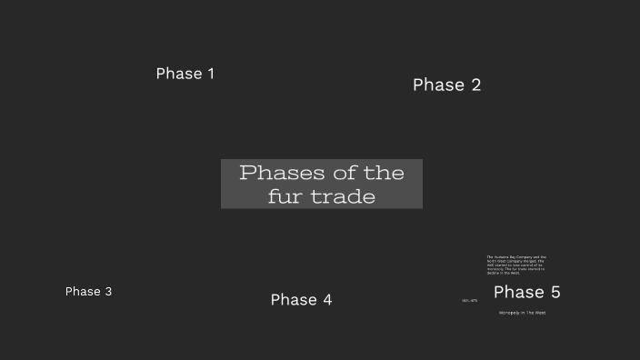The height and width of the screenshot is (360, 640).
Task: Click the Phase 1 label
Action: (x=185, y=74)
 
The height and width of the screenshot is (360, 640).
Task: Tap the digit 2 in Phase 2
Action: (x=475, y=85)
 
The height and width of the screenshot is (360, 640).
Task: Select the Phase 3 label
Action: (x=88, y=292)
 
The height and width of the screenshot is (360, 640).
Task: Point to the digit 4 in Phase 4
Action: (x=326, y=300)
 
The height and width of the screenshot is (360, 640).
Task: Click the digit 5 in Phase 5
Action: (x=554, y=293)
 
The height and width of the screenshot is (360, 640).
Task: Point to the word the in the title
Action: (x=384, y=173)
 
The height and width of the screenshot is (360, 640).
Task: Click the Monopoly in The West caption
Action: (x=522, y=313)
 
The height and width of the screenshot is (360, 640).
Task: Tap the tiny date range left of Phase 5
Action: (x=469, y=300)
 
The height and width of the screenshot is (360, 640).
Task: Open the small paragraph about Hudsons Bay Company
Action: (x=515, y=265)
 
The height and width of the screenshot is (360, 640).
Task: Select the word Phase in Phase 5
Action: (x=518, y=293)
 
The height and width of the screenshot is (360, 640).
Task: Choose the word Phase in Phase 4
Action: (x=293, y=300)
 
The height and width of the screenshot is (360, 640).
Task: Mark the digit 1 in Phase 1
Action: (x=210, y=74)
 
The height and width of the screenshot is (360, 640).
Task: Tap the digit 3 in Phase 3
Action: (x=108, y=292)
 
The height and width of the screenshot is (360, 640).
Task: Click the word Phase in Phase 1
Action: (x=178, y=74)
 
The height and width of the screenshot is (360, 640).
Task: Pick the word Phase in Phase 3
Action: (x=83, y=292)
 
